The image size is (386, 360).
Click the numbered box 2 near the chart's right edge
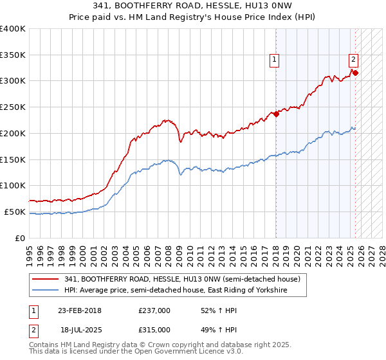(353, 60)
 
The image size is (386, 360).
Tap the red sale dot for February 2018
(276, 114)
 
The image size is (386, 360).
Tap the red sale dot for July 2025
(356, 73)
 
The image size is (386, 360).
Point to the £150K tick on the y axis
(13, 159)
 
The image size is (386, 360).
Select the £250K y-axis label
(13, 107)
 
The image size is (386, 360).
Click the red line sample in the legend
(46, 280)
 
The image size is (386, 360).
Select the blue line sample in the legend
(46, 291)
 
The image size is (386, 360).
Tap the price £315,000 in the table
(154, 329)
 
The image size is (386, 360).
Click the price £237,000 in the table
(154, 310)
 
